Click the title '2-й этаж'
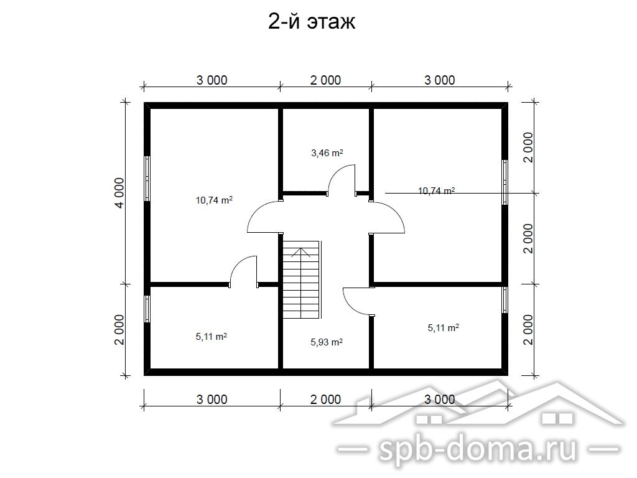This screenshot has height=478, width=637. click(312, 22)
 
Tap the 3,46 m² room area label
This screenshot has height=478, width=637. click(327, 153)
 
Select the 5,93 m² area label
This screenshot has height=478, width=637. click(327, 342)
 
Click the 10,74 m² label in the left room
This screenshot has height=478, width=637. click(214, 200)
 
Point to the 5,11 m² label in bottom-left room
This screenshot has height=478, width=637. click(212, 337)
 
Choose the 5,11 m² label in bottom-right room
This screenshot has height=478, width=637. click(443, 327)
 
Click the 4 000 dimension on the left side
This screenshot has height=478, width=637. click(119, 193)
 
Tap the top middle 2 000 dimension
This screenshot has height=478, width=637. click(325, 80)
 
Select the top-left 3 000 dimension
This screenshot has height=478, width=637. click(212, 80)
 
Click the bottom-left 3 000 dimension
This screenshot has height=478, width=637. click(212, 399)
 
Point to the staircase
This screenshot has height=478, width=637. click(302, 280)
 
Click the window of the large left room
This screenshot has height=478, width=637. click(147, 179)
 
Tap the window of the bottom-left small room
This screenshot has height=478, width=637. click(147, 309)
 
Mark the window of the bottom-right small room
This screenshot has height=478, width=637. click(504, 300)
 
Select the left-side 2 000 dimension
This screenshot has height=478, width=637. click(119, 330)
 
